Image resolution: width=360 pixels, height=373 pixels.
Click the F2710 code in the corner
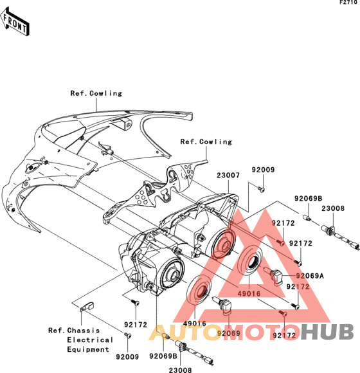point(348,3)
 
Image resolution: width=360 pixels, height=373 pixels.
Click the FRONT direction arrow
point(15,22)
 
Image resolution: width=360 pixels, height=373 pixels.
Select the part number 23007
point(228,176)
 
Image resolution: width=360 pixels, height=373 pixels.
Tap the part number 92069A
point(310,276)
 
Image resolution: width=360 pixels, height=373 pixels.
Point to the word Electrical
point(90,340)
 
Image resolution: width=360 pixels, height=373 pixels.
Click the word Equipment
point(88,349)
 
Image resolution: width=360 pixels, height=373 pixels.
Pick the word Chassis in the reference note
point(83,331)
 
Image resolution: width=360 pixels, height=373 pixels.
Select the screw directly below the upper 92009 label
point(261,189)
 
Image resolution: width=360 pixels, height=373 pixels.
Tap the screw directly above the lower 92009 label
point(128,335)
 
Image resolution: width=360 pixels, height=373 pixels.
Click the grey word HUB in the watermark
point(327,332)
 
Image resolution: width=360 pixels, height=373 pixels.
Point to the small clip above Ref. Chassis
point(86,306)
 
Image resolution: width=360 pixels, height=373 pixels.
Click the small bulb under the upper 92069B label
point(307,217)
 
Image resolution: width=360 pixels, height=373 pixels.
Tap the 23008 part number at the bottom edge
point(180,370)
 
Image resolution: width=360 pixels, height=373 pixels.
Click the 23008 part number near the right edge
point(333,208)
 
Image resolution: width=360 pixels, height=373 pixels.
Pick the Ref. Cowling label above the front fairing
point(96,93)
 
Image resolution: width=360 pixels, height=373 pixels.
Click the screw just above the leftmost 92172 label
point(135,302)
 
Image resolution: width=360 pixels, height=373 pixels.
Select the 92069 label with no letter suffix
point(228,333)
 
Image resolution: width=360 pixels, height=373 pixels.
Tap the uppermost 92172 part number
point(283,223)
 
